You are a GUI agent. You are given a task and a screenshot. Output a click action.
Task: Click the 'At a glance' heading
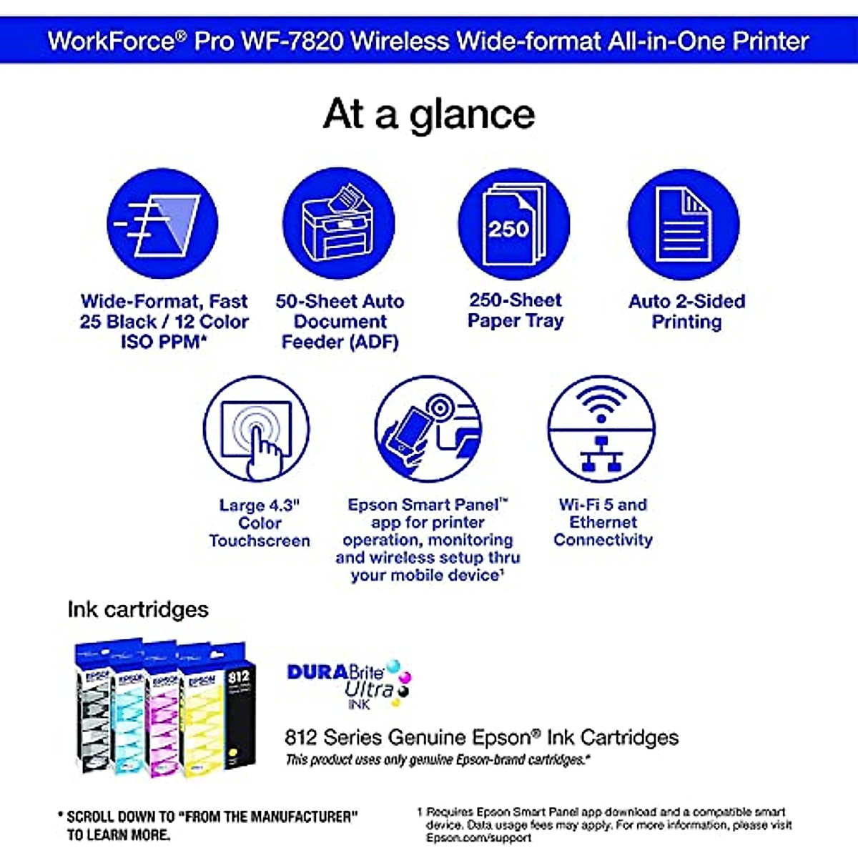[429, 114]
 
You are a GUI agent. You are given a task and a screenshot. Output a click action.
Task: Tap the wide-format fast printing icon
[162, 225]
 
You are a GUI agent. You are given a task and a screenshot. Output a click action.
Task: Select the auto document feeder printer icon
[339, 225]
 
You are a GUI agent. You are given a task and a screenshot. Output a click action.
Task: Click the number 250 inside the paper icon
[508, 229]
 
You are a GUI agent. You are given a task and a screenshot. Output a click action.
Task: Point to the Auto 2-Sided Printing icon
[684, 225]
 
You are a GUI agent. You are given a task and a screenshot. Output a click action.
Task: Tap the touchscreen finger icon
[257, 430]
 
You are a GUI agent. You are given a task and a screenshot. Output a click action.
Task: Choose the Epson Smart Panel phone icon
[428, 430]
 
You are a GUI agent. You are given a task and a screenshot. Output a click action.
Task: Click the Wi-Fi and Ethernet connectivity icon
[601, 430]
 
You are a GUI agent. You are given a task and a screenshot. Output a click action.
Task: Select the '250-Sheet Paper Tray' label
[516, 310]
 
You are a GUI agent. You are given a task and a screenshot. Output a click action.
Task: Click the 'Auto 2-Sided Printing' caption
[686, 311]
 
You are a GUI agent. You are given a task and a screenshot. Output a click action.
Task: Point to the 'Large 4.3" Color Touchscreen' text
[260, 523]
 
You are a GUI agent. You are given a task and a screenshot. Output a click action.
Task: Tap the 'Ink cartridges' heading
[138, 609]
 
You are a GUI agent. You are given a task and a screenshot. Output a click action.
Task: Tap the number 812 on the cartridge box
[238, 676]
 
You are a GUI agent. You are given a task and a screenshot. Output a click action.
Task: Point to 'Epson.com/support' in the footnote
[478, 837]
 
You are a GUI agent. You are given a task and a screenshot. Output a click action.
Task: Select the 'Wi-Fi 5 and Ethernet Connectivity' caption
[603, 522]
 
